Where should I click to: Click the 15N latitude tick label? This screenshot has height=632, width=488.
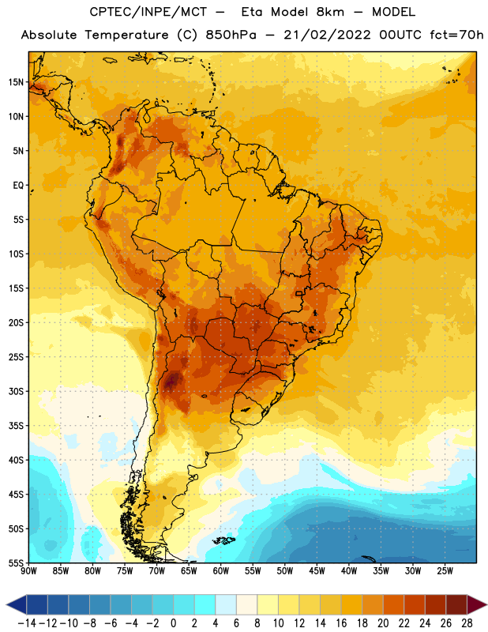click(x=16, y=82)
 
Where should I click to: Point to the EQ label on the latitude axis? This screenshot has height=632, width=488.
click(x=18, y=186)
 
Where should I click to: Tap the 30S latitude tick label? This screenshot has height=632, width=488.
click(x=16, y=391)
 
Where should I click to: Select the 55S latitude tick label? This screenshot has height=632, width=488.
click(x=16, y=562)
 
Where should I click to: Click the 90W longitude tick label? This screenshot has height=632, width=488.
click(x=28, y=571)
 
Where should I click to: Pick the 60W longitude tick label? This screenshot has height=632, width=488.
click(x=221, y=571)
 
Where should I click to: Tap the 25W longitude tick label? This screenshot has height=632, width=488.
click(x=445, y=571)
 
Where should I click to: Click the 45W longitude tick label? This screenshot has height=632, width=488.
click(x=317, y=571)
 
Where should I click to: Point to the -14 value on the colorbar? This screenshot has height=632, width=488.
click(x=27, y=623)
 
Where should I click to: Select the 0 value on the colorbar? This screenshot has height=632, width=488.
click(x=173, y=623)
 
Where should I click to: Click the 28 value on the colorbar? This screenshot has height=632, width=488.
click(x=467, y=623)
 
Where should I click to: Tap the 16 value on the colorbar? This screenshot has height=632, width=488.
click(x=341, y=623)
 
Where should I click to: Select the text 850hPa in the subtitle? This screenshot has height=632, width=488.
click(x=231, y=35)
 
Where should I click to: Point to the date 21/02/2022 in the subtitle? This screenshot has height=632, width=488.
click(x=327, y=35)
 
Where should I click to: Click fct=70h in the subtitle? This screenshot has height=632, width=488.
click(x=456, y=35)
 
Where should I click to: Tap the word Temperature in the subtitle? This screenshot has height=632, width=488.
click(x=126, y=35)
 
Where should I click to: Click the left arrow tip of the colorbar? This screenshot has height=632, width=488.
click(x=6, y=604)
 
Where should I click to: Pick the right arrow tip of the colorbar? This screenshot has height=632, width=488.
click(x=486, y=604)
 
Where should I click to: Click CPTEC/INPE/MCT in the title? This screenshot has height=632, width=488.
click(x=148, y=12)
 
